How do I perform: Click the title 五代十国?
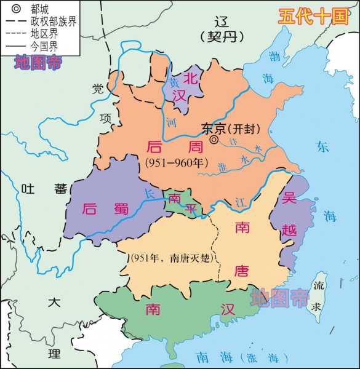click(313, 16)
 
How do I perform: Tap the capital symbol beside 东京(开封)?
click(214, 140)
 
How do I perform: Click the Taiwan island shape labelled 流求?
click(319, 295)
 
